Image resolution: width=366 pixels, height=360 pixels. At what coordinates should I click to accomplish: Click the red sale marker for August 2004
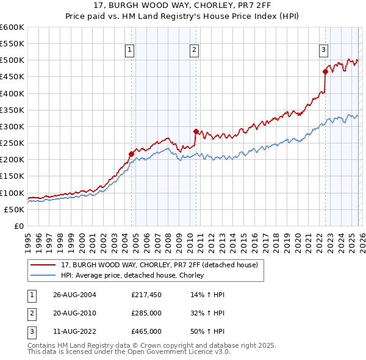(131, 154)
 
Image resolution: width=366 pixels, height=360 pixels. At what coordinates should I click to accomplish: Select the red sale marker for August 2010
(196, 131)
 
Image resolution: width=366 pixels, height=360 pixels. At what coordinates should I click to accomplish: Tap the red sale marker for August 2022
(325, 72)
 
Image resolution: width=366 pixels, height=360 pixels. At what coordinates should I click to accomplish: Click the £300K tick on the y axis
(12, 126)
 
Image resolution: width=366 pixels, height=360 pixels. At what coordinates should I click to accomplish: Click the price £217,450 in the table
(146, 295)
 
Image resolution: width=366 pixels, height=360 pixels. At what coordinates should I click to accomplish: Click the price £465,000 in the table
(146, 331)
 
